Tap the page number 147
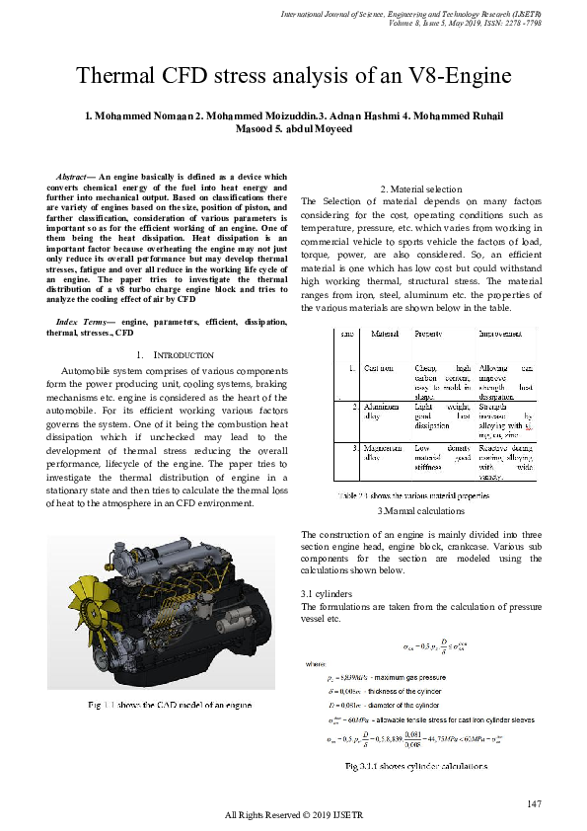point(535,804)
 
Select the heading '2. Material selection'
point(420,189)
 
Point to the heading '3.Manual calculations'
point(420,510)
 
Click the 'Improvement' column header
point(500,334)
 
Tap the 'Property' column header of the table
point(428,334)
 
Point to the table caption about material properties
point(414,495)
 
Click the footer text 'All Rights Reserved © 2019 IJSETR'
point(293,815)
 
